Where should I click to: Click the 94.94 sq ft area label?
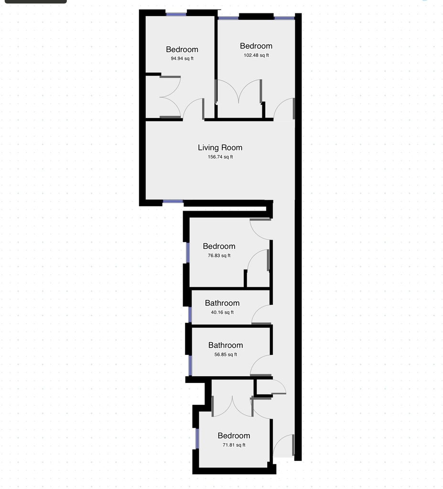(x=182, y=58)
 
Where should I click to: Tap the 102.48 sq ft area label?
(x=256, y=55)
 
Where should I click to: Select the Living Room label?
(x=220, y=148)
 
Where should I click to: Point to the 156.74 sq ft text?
(x=220, y=157)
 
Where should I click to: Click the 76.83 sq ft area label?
(x=219, y=255)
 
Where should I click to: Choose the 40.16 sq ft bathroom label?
(x=222, y=312)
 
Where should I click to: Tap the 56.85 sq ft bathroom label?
(x=226, y=354)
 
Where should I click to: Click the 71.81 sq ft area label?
(x=234, y=445)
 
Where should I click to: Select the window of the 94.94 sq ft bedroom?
(x=176, y=14)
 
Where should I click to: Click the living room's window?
(x=173, y=202)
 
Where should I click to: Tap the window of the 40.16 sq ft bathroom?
(x=190, y=315)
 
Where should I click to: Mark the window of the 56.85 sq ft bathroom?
(x=190, y=365)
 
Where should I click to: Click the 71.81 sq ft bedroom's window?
(x=197, y=438)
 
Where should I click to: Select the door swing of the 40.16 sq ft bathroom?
(x=261, y=314)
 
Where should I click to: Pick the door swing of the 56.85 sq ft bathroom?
(x=261, y=365)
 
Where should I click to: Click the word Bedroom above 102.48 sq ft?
(x=256, y=46)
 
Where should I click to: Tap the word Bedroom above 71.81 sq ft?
(x=234, y=436)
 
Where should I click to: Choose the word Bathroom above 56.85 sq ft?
(x=226, y=345)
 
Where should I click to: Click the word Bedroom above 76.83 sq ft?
(x=219, y=246)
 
